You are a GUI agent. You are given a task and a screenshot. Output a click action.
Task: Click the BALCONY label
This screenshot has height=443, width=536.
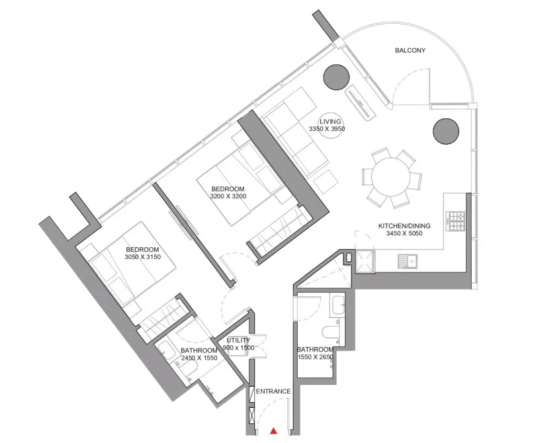point(410,50)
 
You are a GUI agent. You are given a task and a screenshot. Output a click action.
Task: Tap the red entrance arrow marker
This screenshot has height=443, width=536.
point(273,431)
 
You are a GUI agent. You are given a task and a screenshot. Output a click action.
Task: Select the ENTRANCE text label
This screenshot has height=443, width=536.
point(273,391)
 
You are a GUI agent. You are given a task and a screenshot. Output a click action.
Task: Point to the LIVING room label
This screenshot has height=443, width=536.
point(330,122)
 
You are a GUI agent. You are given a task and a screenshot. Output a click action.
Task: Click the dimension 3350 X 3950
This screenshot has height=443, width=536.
point(327,130)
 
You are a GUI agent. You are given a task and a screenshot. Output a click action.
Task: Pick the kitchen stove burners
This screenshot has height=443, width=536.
point(457,221)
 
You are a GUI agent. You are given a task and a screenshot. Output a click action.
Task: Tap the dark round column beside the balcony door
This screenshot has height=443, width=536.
point(447,131)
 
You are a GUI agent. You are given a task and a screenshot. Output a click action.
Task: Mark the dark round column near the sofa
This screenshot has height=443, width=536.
point(336,77)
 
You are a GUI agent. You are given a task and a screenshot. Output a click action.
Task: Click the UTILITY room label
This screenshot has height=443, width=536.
point(238,341)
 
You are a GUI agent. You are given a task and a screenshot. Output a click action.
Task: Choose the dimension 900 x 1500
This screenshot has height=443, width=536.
point(238,348)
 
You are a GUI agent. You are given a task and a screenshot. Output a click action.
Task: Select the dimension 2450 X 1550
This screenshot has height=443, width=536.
point(199,358)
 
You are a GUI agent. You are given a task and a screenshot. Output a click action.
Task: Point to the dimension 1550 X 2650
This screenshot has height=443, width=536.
point(315,358)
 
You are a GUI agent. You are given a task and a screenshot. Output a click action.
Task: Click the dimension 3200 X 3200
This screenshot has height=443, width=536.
point(227,196)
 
